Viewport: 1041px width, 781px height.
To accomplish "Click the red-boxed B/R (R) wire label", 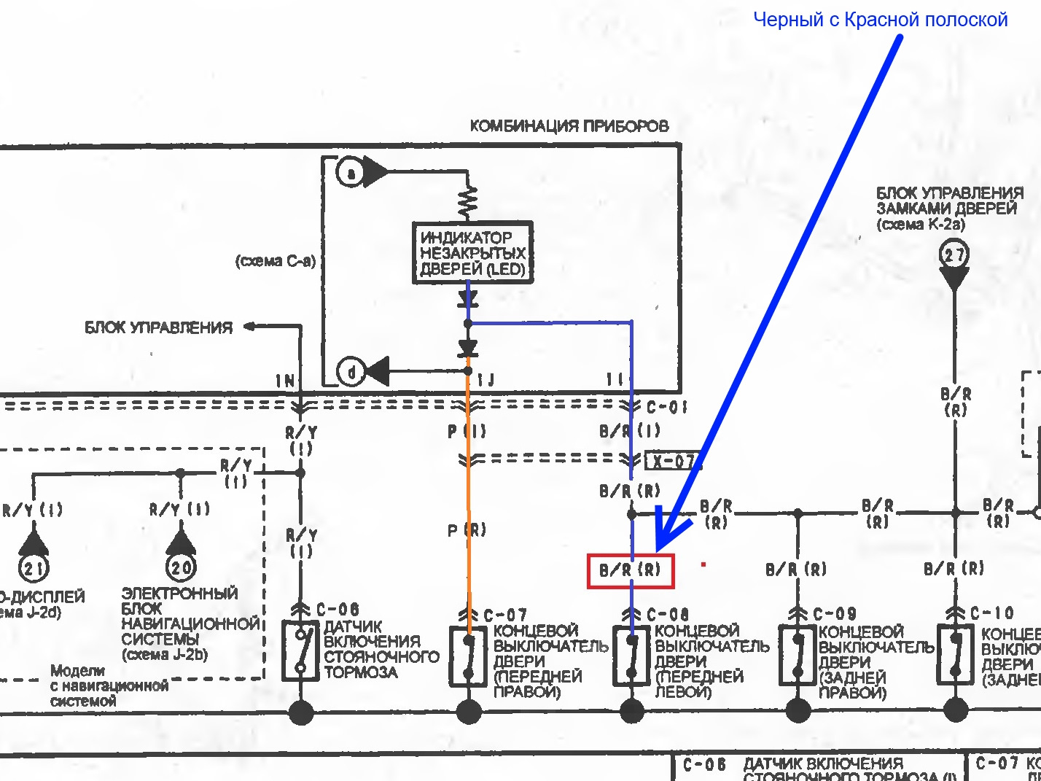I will point(631,570).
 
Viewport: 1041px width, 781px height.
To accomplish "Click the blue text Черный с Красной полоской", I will point(880,20).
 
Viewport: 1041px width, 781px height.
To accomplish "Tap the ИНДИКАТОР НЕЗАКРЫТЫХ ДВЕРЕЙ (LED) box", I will point(472,253).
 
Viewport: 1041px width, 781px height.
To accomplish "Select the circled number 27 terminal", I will point(954,255).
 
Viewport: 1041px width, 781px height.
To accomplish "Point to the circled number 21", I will point(33,567).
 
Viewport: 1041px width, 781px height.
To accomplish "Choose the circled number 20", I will point(181,567).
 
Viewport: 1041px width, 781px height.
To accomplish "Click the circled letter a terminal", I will point(351,173).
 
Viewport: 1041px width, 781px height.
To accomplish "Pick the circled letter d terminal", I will point(351,372).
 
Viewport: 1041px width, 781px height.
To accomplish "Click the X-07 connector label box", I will point(674,461).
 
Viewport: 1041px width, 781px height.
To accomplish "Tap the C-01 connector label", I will point(666,407).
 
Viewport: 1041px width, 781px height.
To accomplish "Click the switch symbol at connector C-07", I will point(468,656).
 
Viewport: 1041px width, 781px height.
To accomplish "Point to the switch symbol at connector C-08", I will point(631,656).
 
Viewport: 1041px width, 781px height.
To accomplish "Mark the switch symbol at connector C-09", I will point(798,656).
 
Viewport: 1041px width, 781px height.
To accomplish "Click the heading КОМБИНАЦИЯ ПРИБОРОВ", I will point(569,126).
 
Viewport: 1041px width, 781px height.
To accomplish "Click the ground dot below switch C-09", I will point(798,710).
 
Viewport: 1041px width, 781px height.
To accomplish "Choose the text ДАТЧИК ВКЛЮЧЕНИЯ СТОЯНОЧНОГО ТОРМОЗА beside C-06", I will point(381,649).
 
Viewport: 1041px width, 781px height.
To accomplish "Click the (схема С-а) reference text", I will point(276,261).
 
